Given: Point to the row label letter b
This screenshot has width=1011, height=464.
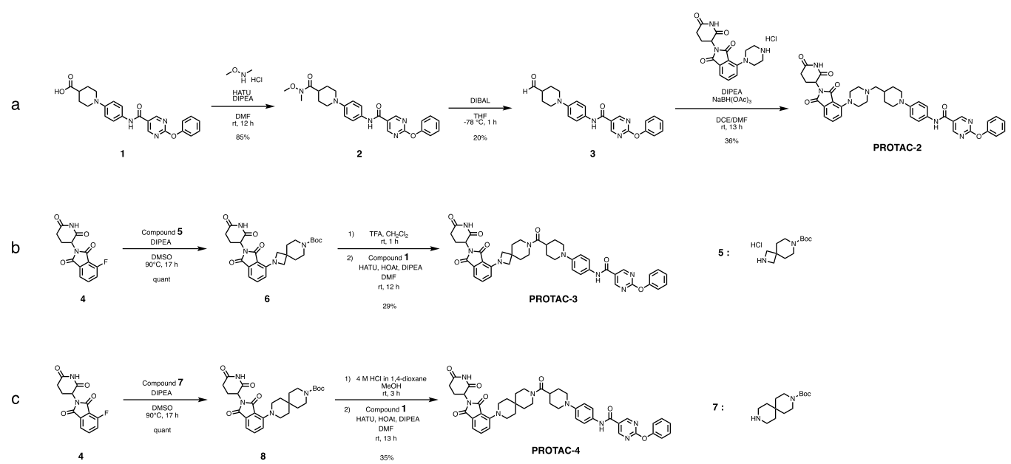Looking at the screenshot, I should (16, 249).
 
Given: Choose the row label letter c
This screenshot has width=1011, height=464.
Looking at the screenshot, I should (16, 400).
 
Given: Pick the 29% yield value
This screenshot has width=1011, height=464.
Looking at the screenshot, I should (390, 305).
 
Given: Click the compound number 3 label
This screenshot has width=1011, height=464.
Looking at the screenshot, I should (592, 156).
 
